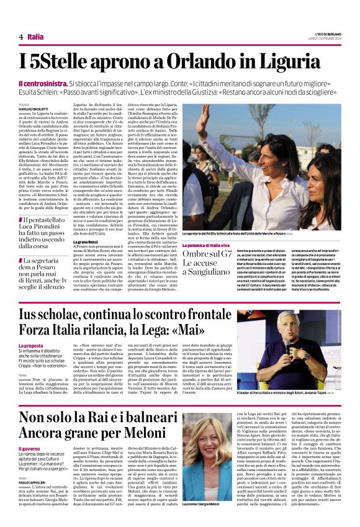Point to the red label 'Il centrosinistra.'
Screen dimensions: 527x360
[x=43, y=83]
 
